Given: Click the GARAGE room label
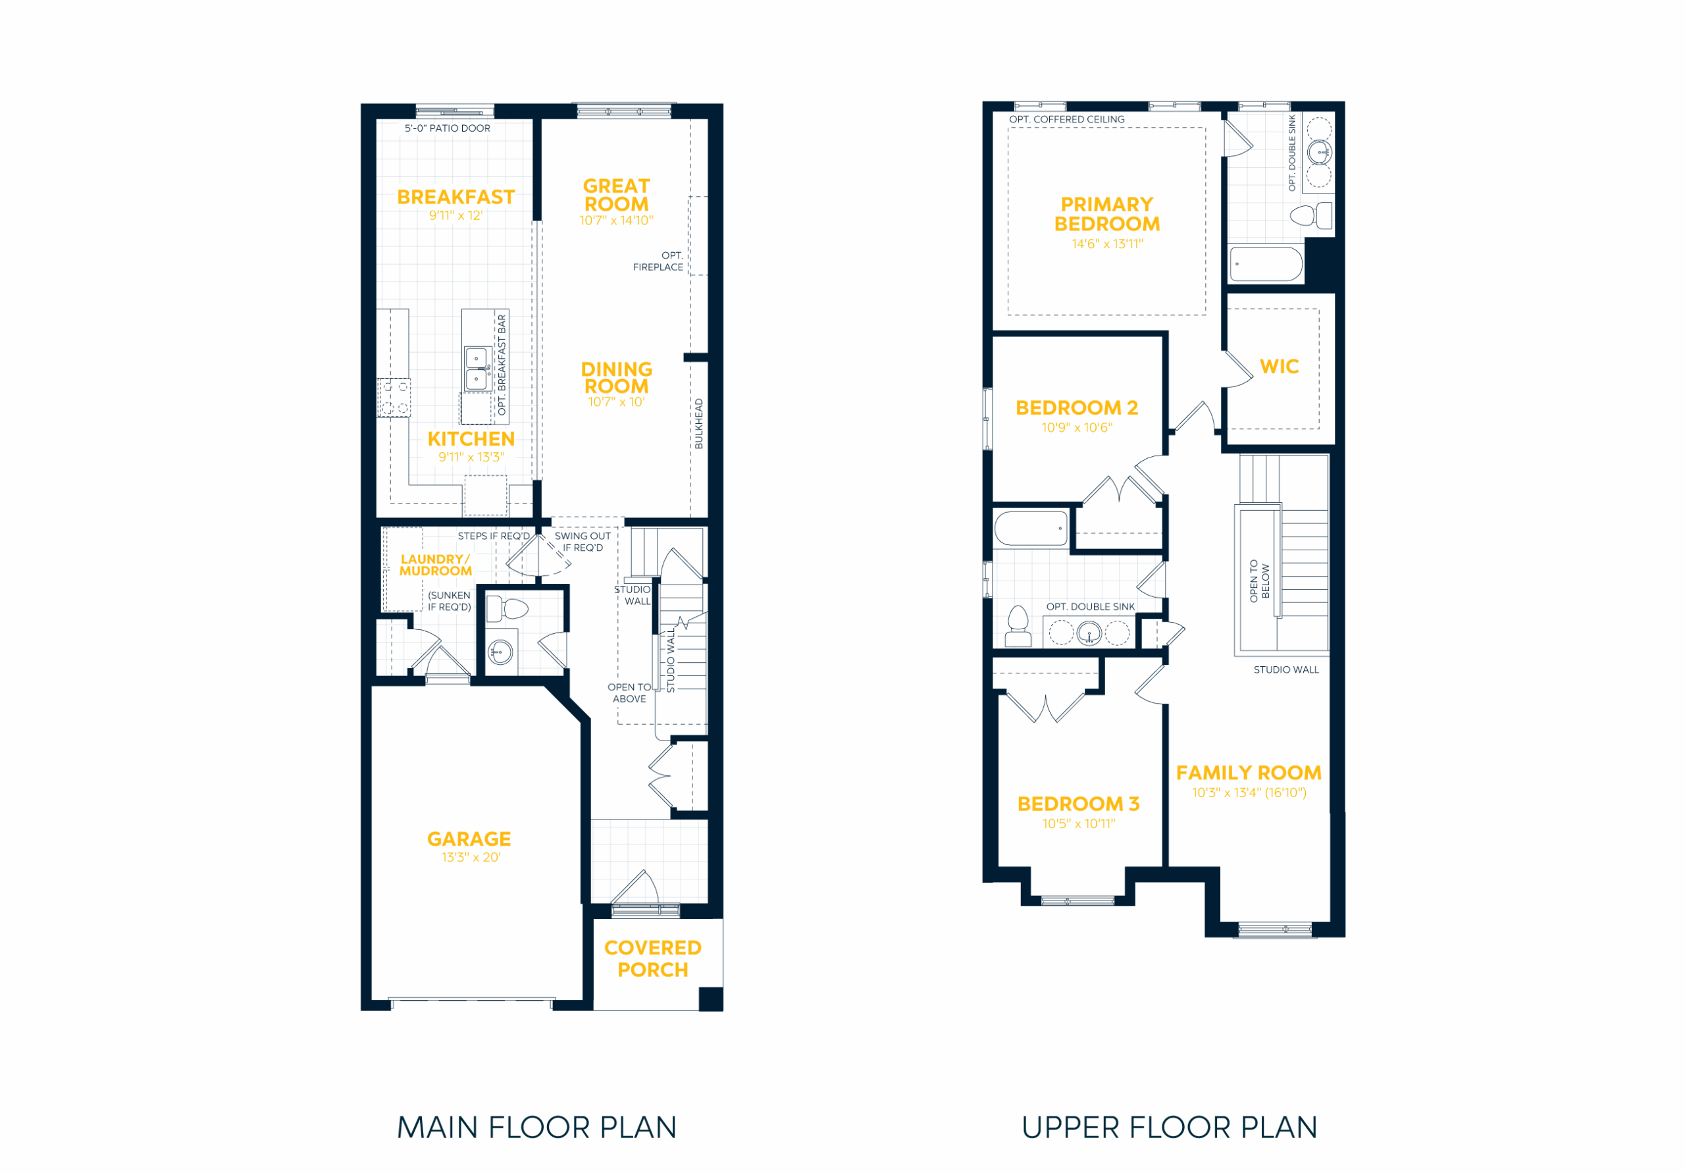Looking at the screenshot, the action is (x=469, y=839).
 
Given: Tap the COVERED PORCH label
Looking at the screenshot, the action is (x=652, y=958).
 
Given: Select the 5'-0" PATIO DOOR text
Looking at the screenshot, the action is (x=448, y=128).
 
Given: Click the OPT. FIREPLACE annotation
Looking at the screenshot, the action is (x=658, y=261).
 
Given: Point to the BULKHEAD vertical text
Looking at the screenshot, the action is (x=698, y=423).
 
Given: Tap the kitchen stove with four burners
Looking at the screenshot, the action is (x=394, y=398).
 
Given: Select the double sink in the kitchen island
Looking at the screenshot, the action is (x=478, y=369).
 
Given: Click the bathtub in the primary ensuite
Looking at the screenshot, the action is (x=1266, y=263).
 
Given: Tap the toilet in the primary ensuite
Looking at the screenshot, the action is (x=1310, y=216).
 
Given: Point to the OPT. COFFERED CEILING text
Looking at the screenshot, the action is (x=1066, y=120).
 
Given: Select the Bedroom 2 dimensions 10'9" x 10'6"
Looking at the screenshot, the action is (x=1077, y=428).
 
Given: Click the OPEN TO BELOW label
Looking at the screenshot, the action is (x=1259, y=581).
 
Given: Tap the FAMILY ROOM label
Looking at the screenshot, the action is (x=1249, y=773).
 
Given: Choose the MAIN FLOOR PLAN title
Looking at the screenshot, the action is (x=536, y=1128).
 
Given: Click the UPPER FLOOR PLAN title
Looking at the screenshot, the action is (x=1169, y=1128).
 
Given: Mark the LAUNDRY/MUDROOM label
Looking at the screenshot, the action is (x=436, y=565).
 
